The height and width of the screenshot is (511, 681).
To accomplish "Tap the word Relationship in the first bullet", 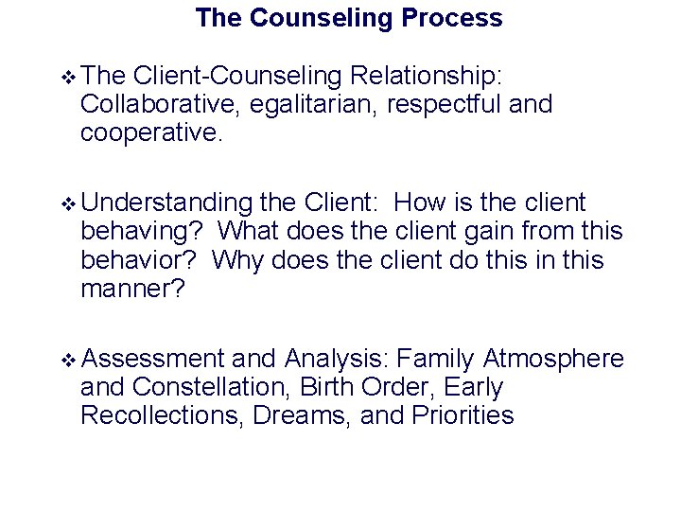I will (429, 77).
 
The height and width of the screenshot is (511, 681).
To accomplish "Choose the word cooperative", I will (150, 132).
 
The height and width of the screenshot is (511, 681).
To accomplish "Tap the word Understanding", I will (166, 203).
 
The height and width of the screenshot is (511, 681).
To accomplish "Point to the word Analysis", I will (337, 359).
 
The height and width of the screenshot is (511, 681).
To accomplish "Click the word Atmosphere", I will (553, 359).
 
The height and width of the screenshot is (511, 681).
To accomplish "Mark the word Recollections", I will (164, 415).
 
